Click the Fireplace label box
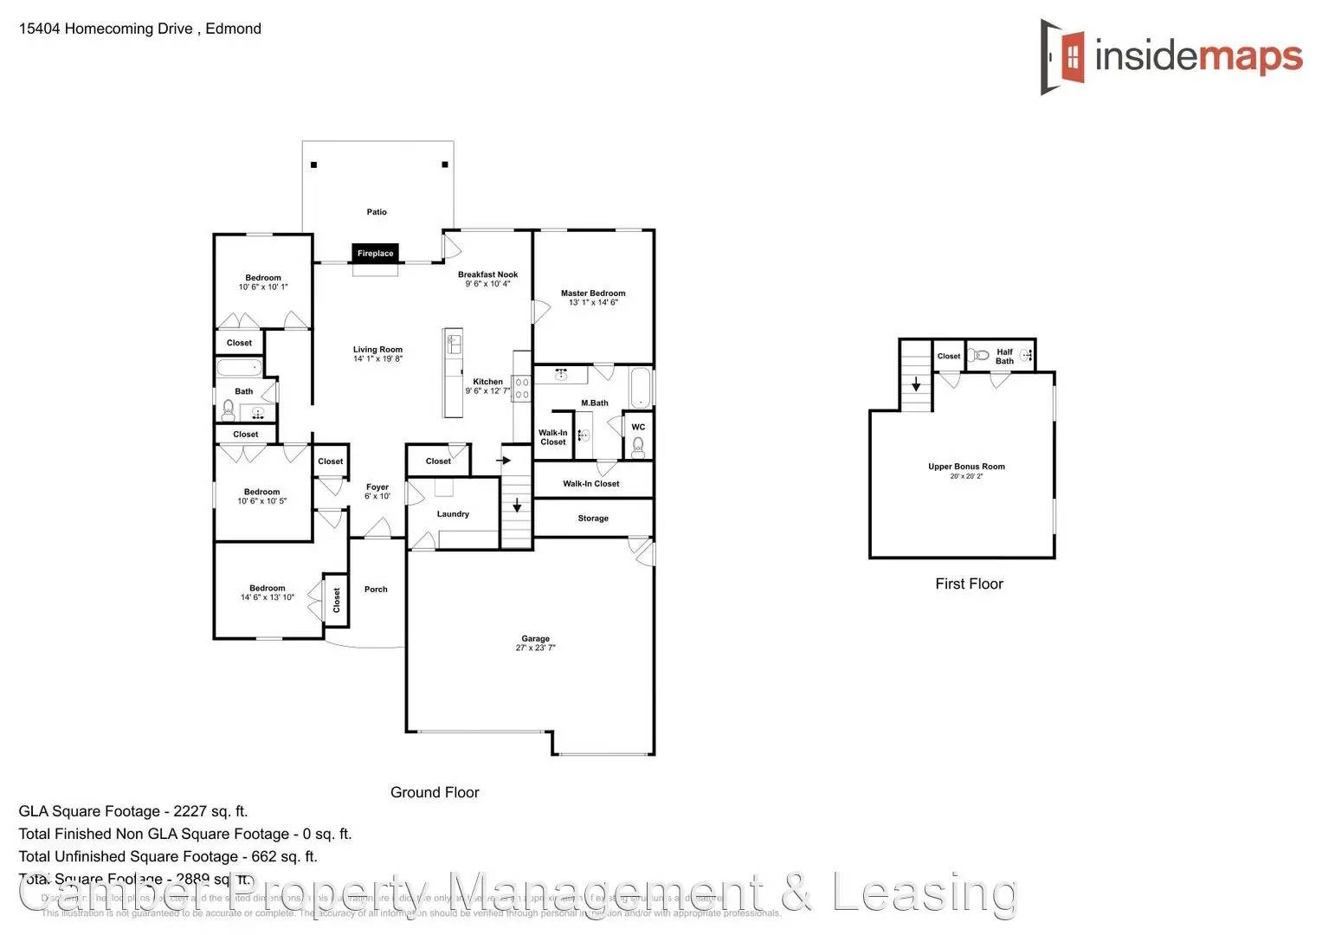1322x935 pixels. tap(376, 253)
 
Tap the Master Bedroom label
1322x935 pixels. tap(593, 293)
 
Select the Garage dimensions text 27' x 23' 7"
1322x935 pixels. tap(535, 648)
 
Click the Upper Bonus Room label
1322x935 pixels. tap(966, 467)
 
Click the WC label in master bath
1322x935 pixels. tap(638, 427)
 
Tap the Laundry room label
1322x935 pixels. tap(453, 514)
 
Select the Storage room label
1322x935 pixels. tap(593, 519)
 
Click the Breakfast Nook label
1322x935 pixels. tap(487, 274)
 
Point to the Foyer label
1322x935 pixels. tap(377, 487)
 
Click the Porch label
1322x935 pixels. tap(376, 590)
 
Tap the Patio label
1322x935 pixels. tap(377, 212)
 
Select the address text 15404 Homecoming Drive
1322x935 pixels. tap(106, 29)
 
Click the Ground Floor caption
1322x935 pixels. tap(435, 792)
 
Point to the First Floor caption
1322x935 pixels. tap(969, 584)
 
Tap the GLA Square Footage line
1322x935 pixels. tap(133, 811)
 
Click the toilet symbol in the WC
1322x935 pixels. tap(638, 446)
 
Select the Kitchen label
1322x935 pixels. tap(487, 382)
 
